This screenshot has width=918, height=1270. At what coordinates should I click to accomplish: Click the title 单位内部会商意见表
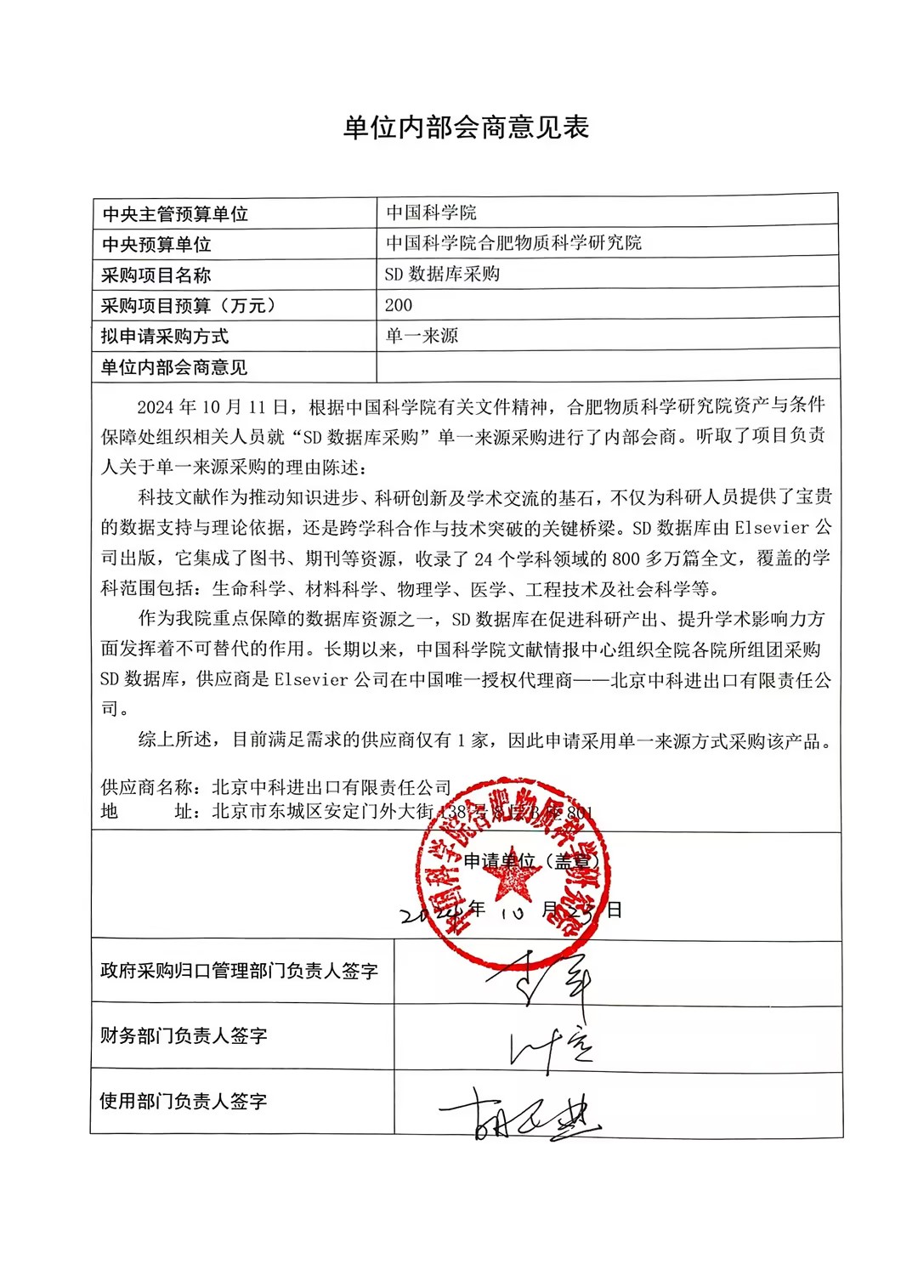tap(466, 128)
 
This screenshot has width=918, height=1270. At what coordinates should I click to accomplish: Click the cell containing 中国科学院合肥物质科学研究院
tap(513, 243)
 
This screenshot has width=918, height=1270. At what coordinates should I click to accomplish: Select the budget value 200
tap(398, 305)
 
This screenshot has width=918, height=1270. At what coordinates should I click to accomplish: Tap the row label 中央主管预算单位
tap(175, 213)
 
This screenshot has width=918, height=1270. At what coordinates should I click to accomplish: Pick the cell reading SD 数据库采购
tap(442, 274)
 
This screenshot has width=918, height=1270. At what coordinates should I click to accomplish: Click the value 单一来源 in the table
tap(422, 336)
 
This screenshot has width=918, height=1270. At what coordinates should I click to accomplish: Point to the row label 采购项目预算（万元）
tap(188, 305)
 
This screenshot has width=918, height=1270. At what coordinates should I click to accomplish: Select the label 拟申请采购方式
tap(165, 336)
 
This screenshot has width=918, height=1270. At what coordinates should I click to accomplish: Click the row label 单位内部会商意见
tap(174, 367)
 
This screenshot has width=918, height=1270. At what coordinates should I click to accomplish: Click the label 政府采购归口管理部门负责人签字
tap(239, 971)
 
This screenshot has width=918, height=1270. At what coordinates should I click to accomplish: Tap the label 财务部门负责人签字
tap(184, 1035)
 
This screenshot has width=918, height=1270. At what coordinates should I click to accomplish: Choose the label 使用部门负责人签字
tap(184, 1101)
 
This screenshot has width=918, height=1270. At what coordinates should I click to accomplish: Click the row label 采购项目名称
tap(156, 275)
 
